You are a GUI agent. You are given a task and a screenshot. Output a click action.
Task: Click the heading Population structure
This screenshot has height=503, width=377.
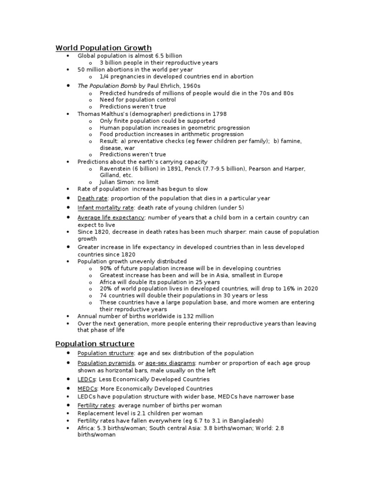[x=95, y=343]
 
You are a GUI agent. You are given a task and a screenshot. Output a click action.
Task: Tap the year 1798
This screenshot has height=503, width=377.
[x=219, y=113]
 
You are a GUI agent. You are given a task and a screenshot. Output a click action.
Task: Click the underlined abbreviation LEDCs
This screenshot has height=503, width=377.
[x=85, y=379]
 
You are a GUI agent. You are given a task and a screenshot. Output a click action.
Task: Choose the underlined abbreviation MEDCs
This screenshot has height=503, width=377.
[x=86, y=389]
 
